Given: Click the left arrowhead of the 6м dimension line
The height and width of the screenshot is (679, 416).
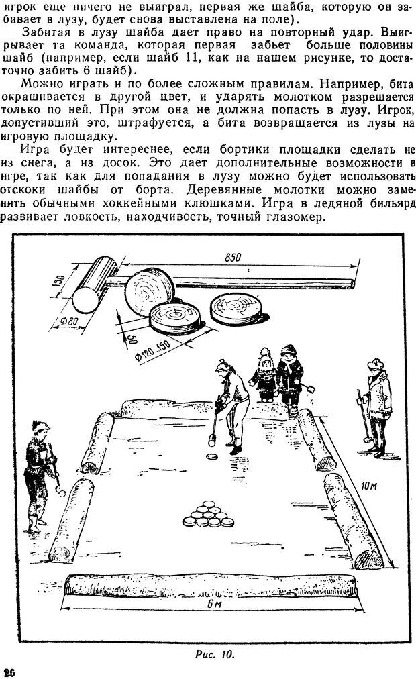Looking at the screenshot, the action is point(63,607).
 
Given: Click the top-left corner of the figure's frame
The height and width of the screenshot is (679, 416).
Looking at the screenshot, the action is point(13,235).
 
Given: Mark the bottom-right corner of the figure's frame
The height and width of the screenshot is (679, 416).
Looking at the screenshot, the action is point(409,642).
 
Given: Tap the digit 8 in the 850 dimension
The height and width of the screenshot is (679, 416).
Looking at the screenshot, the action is point(227,257).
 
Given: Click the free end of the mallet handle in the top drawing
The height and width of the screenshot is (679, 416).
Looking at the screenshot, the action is point(353,284).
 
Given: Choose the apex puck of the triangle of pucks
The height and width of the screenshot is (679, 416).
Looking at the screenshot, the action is point(209,504).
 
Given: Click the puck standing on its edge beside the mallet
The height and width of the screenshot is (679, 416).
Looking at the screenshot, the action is point(150,291).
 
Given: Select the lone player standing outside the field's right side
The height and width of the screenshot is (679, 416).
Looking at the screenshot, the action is point(376,408).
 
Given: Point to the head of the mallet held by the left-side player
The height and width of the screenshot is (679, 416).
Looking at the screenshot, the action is point(61,492).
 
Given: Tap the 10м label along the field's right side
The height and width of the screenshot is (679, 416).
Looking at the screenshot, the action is point(368,486).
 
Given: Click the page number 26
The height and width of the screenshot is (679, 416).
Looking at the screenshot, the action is point(9,672).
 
